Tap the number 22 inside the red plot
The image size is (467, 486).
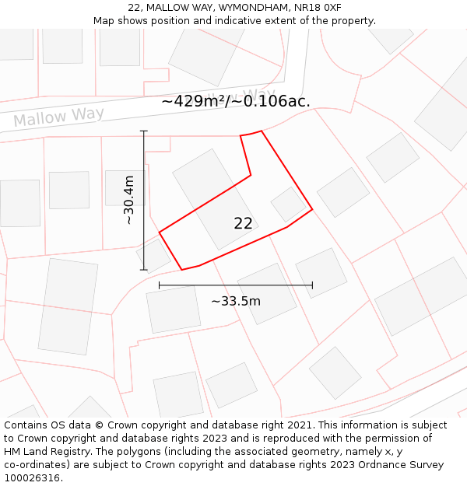(x=243, y=224)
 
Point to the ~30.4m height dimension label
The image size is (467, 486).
(x=129, y=200)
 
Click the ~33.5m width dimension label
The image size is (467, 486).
(x=236, y=301)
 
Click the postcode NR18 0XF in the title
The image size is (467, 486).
(x=321, y=7)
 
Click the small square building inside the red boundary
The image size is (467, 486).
(x=288, y=205)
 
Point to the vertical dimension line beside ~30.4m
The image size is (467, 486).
(x=144, y=200)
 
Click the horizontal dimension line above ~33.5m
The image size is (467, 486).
(x=236, y=285)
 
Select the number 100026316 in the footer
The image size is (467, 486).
(x=32, y=478)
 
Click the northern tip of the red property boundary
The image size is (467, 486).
(x=261, y=131)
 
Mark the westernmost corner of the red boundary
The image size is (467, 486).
(x=160, y=233)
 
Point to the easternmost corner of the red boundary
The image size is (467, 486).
(x=312, y=209)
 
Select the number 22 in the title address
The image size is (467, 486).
(x=134, y=7)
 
